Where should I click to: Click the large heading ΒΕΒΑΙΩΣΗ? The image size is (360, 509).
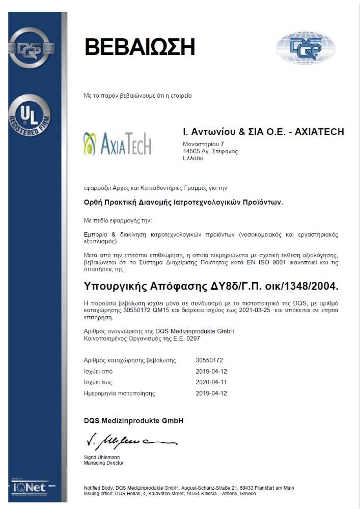[x=140, y=47]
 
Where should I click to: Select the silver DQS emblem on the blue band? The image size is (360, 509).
[x=32, y=48]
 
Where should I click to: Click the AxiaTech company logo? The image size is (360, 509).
[x=117, y=144]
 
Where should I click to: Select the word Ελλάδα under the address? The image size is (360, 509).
[x=193, y=158]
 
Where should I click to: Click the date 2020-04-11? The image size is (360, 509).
[x=211, y=382]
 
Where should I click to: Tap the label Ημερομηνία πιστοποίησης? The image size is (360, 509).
[x=119, y=393]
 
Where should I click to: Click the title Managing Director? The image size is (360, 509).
[x=103, y=463]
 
